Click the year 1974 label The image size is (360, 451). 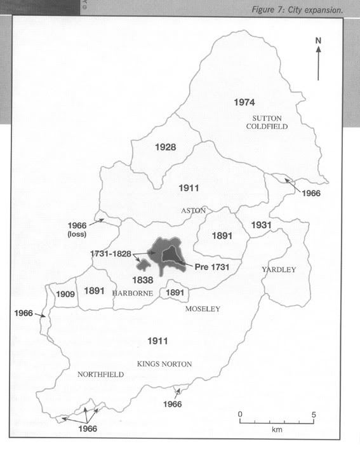(x=244, y=102)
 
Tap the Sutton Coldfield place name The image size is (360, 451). (x=267, y=123)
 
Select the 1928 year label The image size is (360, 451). (x=165, y=147)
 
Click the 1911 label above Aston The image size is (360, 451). (x=189, y=188)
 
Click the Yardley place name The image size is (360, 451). (x=279, y=270)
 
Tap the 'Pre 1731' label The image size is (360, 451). (x=206, y=267)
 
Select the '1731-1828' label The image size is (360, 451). (x=111, y=253)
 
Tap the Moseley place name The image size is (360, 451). (x=202, y=309)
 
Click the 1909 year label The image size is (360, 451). (x=65, y=295)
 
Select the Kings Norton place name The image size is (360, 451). (x=164, y=364)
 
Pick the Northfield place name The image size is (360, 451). (x=100, y=375)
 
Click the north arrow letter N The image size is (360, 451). (x=319, y=41)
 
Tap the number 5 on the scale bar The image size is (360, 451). (x=314, y=414)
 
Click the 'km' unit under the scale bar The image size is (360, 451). (x=277, y=430)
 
